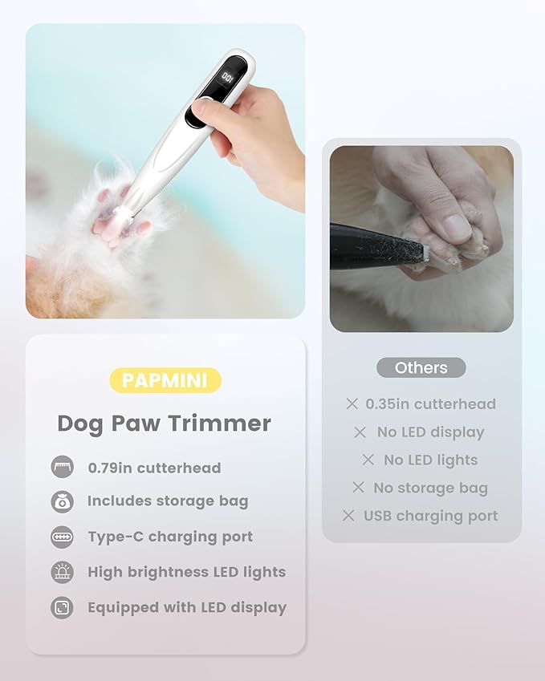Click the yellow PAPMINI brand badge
[165, 379]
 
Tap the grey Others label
[421, 368]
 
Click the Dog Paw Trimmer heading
[164, 424]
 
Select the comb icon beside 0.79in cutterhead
[62, 468]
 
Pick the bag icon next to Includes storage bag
[62, 501]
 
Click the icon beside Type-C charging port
[62, 537]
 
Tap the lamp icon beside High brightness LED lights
[62, 572]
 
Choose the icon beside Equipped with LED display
[62, 607]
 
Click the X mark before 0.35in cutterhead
[350, 404]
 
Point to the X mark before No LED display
[360, 432]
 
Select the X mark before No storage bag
[359, 488]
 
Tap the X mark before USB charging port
[348, 516]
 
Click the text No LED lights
[430, 460]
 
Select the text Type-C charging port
[170, 537]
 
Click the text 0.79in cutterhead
[154, 468]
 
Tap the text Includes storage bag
[168, 501]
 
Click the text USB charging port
[430, 516]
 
